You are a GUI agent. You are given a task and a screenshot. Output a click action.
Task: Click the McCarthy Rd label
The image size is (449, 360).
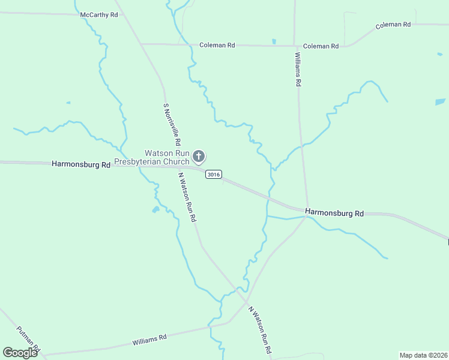[99, 14]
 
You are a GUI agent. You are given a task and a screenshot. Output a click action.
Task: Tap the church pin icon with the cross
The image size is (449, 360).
[199, 157]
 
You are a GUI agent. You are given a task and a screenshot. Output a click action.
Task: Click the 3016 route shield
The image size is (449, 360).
[213, 174]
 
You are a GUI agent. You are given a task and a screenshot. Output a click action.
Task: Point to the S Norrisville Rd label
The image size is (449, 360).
[172, 125]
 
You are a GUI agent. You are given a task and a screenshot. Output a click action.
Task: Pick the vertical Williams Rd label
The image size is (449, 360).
[297, 69]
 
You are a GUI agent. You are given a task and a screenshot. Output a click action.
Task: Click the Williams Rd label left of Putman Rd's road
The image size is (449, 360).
[149, 340]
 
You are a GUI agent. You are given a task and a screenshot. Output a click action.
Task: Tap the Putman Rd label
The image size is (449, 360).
[28, 339]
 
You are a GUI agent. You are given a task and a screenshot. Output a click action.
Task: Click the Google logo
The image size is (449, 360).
[20, 353]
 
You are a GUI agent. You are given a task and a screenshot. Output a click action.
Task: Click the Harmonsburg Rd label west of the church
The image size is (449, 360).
[81, 164]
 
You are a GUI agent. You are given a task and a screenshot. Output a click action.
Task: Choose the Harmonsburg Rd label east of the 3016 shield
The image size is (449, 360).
[334, 212]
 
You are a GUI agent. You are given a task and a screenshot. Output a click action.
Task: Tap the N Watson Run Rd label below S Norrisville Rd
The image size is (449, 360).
[186, 197]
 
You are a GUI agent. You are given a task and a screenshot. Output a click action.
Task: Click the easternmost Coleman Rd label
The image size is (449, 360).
[393, 25]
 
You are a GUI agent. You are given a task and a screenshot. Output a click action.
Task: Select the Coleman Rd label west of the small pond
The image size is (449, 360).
[217, 45]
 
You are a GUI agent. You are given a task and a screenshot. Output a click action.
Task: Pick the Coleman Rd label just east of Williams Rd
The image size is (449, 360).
[321, 46]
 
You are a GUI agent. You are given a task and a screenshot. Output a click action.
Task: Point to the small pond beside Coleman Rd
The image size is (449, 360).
[274, 41]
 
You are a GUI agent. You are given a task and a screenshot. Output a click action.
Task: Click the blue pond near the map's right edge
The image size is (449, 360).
[440, 102]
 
